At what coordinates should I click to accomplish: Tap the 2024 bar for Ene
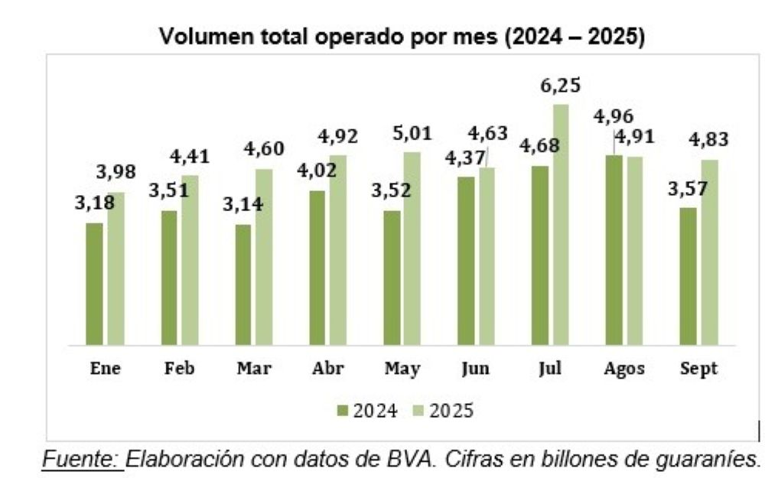point(94,284)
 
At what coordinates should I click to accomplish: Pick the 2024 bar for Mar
point(243,285)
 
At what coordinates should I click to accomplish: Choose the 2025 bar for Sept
point(709,252)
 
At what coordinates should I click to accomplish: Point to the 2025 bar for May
point(412,248)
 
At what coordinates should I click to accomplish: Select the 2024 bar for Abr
point(317,267)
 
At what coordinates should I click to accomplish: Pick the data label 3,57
point(688,189)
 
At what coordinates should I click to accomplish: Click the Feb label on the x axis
point(180,369)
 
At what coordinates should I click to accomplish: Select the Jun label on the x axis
point(476,369)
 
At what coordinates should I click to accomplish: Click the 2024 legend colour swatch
point(342,411)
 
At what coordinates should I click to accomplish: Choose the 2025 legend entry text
point(451,411)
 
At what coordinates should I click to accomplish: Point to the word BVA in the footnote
point(385,460)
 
